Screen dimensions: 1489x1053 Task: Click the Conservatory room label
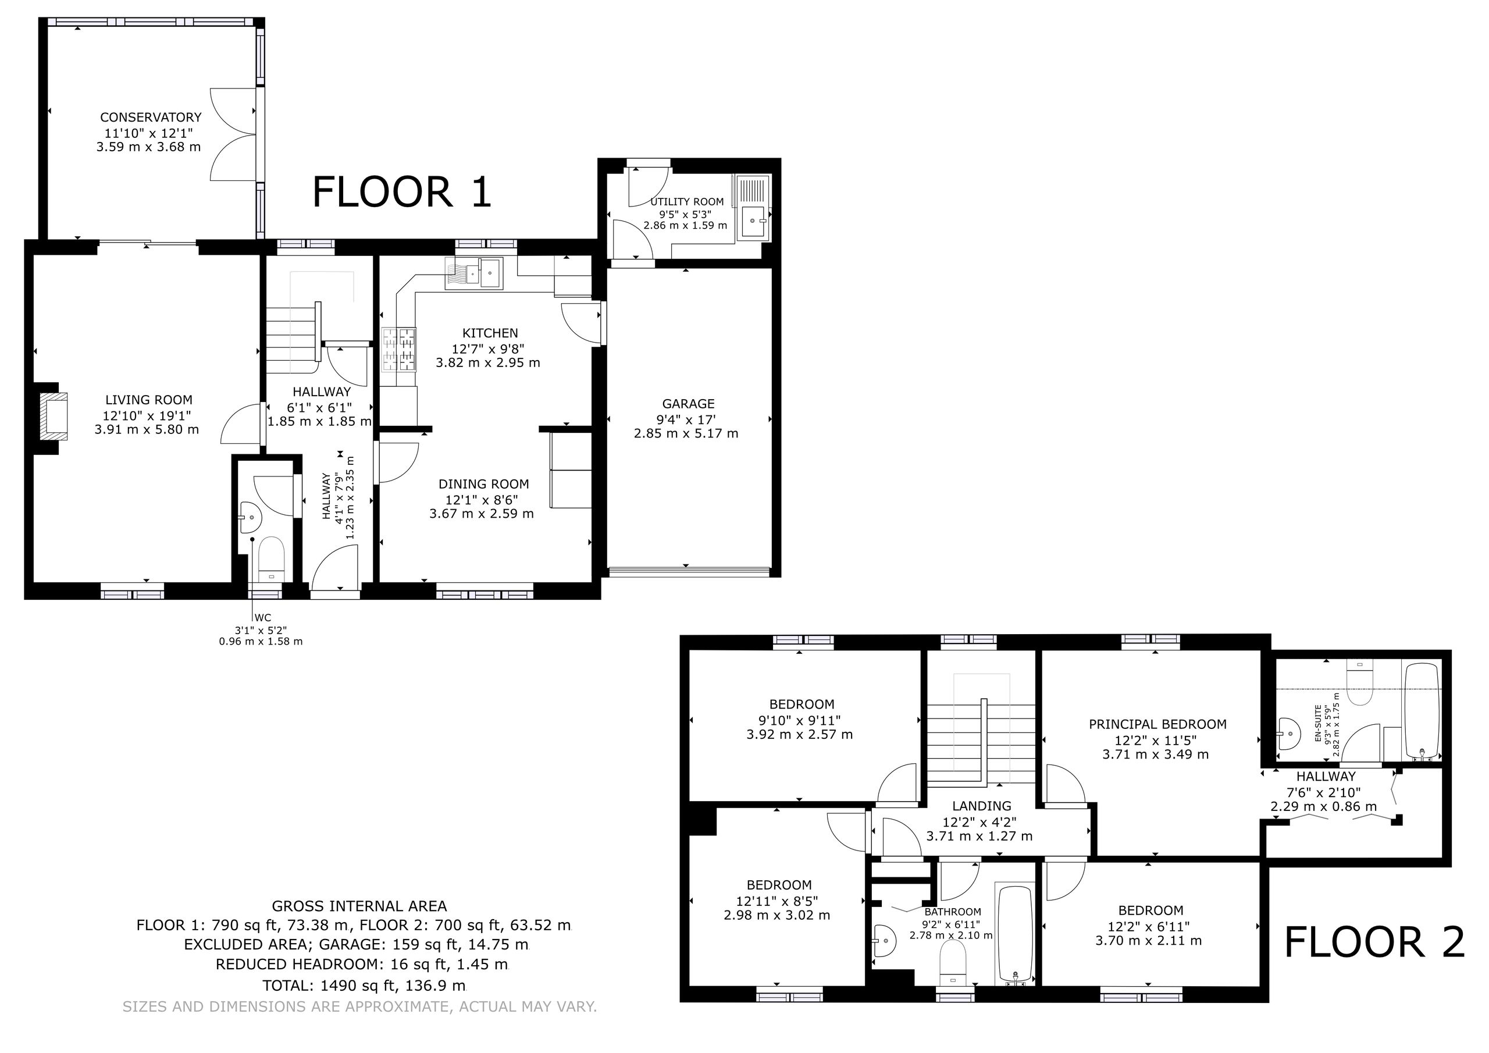pos(151,118)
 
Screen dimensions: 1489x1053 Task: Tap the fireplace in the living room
pos(52,415)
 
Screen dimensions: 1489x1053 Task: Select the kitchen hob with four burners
pos(399,350)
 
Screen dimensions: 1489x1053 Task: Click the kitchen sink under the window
pos(474,273)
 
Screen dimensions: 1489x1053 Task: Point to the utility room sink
pos(754,223)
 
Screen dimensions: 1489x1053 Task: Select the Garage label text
pos(688,404)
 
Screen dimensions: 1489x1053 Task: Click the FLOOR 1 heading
pos(402,192)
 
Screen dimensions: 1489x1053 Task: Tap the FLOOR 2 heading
pos(1374,942)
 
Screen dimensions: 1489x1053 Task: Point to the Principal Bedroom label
pos(1157,724)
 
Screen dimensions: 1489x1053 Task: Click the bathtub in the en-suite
pos(1423,711)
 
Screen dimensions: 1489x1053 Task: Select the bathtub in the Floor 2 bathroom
pos(1016,934)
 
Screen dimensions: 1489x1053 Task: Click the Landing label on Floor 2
pos(981,806)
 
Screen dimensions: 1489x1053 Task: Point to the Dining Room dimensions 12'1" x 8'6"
pos(481,500)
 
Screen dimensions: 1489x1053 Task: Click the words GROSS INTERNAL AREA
pos(359,906)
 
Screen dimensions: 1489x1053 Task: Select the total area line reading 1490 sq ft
pos(364,986)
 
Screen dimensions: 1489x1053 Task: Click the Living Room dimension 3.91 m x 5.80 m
pos(147,429)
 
